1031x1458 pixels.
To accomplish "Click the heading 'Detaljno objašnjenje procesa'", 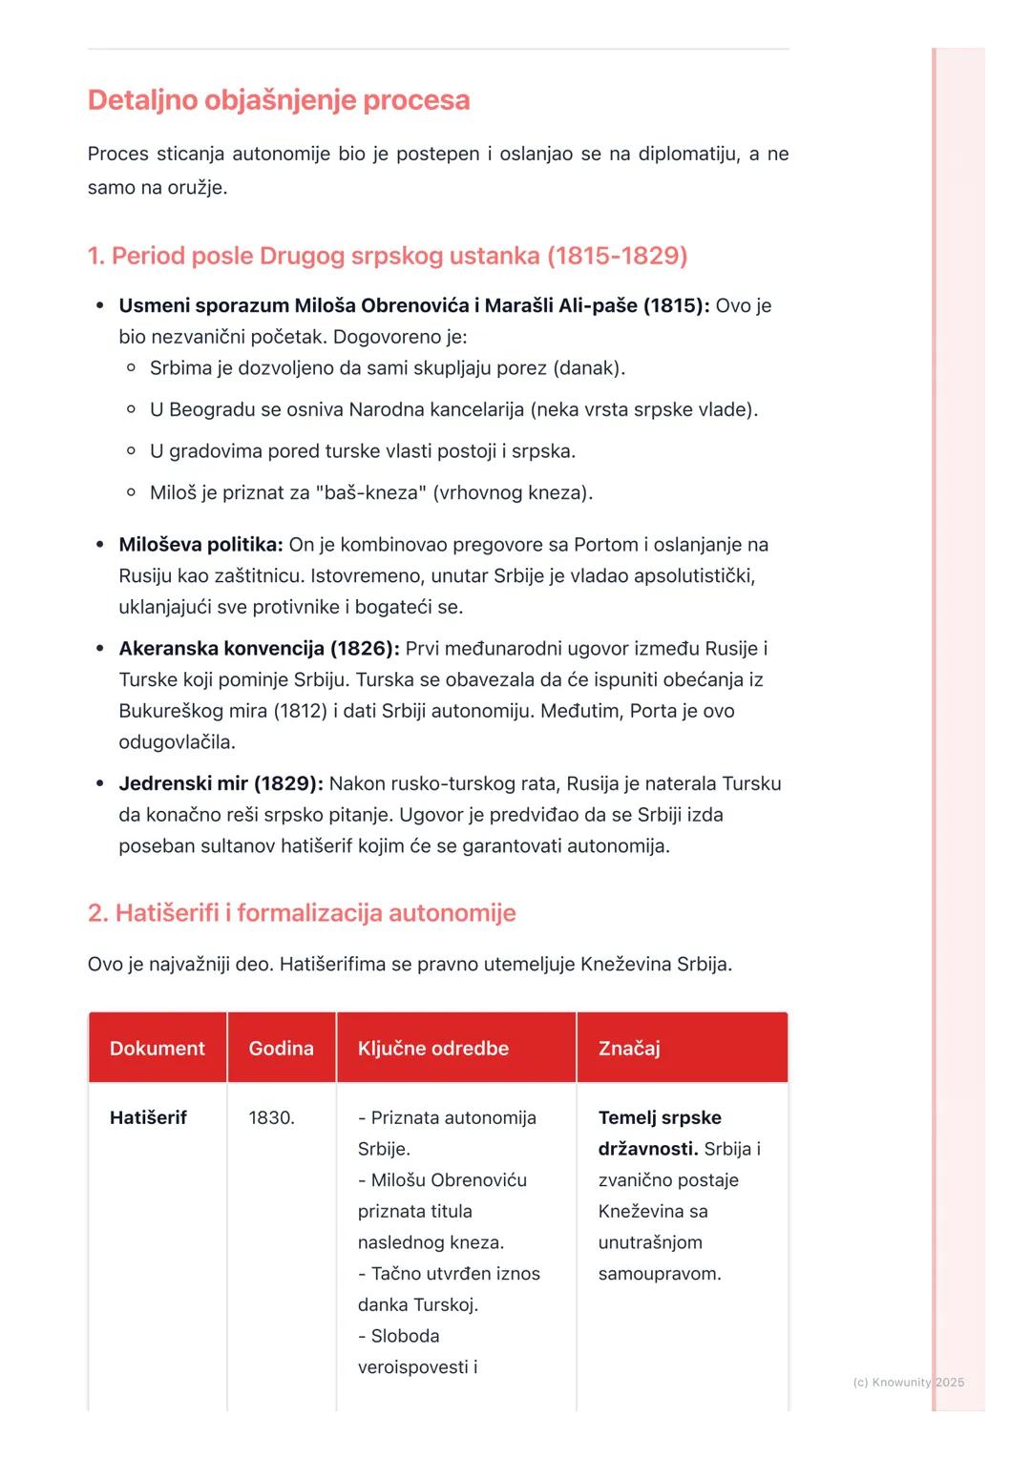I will click(278, 100).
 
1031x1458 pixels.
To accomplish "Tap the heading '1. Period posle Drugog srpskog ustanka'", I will click(387, 256).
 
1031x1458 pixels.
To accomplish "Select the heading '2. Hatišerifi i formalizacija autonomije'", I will click(301, 913).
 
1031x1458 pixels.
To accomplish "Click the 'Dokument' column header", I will click(157, 1048).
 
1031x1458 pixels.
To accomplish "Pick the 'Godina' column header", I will click(281, 1048).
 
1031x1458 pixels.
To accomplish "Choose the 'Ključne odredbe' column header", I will click(432, 1048).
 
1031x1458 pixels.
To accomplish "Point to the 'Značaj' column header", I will click(629, 1048).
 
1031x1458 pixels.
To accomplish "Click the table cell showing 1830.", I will click(271, 1117).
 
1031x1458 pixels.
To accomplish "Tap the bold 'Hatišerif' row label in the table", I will click(148, 1117).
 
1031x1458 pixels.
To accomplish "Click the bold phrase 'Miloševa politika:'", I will click(200, 545).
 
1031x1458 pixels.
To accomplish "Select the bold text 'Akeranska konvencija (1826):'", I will click(259, 649).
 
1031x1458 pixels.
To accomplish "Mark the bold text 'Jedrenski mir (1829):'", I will click(221, 783).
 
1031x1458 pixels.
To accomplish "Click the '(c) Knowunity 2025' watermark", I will click(908, 1382).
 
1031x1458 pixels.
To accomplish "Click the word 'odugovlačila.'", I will click(177, 742).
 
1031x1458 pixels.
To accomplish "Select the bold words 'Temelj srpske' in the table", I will click(660, 1117).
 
